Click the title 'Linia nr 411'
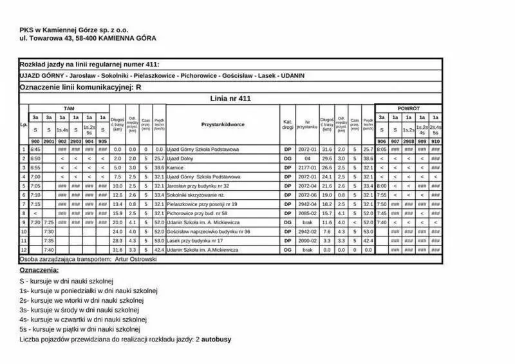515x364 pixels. point(230,99)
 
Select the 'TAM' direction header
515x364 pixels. point(68,108)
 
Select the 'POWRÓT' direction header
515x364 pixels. point(408,108)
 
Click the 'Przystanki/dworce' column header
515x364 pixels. point(222,123)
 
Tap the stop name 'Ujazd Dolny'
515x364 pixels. point(180,158)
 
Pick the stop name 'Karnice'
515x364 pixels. point(176,167)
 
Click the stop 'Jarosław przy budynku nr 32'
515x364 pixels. point(198,186)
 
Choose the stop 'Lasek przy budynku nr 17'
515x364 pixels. point(195,240)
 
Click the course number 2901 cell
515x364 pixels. point(49,141)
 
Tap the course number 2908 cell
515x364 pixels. point(409,141)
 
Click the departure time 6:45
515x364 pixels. point(35,149)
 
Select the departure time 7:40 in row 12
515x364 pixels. point(49,249)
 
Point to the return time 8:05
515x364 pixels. point(382,149)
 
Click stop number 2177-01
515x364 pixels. point(308,167)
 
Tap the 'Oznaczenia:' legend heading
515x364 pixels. point(39,270)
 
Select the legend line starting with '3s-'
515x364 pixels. point(80,310)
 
